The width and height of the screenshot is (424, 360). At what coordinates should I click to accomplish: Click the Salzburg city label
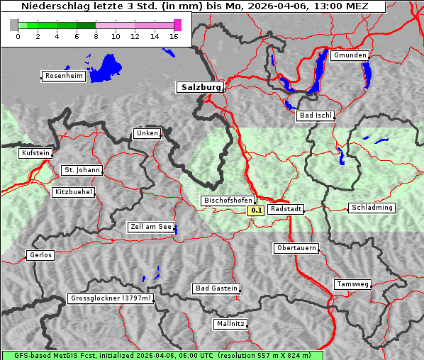click(x=199, y=87)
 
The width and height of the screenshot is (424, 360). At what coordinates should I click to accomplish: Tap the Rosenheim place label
click(x=63, y=76)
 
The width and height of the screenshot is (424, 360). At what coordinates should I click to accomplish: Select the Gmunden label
click(x=350, y=55)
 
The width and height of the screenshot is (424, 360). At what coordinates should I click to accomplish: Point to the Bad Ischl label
click(x=315, y=116)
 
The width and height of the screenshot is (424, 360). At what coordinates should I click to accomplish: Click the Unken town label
click(x=147, y=133)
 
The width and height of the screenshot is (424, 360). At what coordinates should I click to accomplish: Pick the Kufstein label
click(x=35, y=152)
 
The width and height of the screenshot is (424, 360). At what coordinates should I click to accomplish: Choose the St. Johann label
click(x=82, y=170)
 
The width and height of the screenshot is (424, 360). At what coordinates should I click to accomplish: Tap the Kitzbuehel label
click(x=73, y=192)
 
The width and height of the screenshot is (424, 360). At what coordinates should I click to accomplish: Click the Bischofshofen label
click(x=227, y=201)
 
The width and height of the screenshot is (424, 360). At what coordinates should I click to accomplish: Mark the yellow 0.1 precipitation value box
click(x=256, y=210)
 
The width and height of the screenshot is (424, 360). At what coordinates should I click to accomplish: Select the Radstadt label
click(x=286, y=209)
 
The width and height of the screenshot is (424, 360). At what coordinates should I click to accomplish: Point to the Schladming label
click(x=372, y=208)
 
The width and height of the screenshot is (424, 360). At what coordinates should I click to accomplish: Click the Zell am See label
click(x=150, y=227)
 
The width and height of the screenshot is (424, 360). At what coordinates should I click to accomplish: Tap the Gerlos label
click(x=40, y=255)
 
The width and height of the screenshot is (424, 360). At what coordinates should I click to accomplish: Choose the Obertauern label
click(x=296, y=248)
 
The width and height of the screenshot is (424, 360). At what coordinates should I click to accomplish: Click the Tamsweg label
click(x=352, y=284)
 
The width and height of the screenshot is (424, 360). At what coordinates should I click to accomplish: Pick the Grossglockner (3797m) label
click(x=111, y=298)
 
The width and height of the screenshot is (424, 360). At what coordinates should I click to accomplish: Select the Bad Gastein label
click(x=216, y=288)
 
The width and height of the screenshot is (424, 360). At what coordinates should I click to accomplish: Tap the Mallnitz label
click(x=230, y=324)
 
